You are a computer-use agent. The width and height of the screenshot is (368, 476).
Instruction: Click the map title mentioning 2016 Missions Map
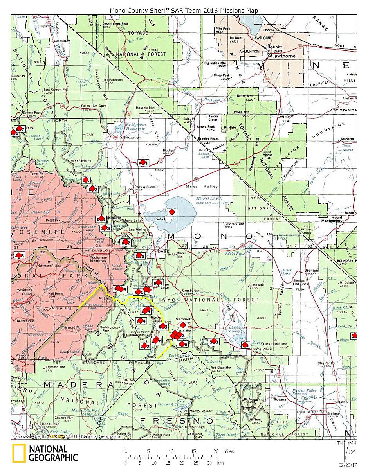pyautogui.click(x=184, y=10)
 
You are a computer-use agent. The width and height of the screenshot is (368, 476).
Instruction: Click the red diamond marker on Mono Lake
pyautogui.click(x=171, y=212)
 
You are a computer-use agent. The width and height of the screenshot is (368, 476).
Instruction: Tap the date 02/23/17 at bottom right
pyautogui.click(x=347, y=465)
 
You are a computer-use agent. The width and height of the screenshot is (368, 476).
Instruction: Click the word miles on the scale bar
pyautogui.click(x=229, y=451)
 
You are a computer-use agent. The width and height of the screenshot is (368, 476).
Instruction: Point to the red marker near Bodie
pyautogui.click(x=143, y=162)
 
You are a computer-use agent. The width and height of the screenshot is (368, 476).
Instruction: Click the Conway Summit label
pyautogui.click(x=146, y=187)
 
